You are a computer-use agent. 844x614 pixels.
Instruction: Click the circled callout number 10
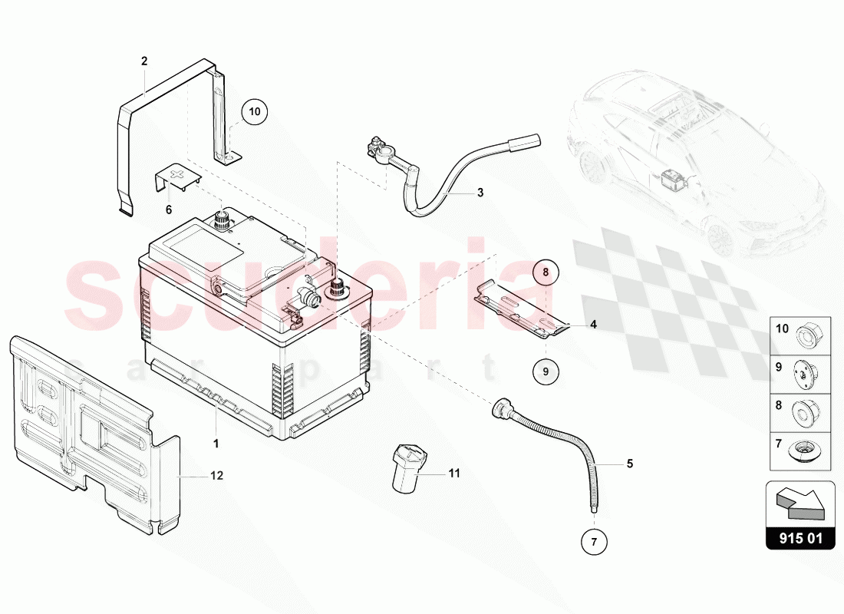pyautogui.click(x=255, y=111)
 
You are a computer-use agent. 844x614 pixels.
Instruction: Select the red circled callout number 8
pyautogui.click(x=546, y=272)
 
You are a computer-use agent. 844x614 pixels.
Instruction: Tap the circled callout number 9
pyautogui.click(x=546, y=371)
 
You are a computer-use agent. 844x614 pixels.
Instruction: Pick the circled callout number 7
pyautogui.click(x=594, y=542)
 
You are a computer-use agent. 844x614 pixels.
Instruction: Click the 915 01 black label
pyautogui.click(x=800, y=538)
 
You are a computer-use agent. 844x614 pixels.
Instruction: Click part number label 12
pyautogui.click(x=216, y=476)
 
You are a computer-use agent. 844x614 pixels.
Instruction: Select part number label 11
pyautogui.click(x=454, y=474)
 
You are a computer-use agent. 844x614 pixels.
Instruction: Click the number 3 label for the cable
pyautogui.click(x=480, y=193)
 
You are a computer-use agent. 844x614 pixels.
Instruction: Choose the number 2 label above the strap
pyautogui.click(x=144, y=61)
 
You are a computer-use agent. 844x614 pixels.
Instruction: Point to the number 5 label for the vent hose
pyautogui.click(x=630, y=464)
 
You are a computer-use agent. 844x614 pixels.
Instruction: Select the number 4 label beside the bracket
pyautogui.click(x=593, y=325)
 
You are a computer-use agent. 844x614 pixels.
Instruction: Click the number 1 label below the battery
pyautogui.click(x=216, y=444)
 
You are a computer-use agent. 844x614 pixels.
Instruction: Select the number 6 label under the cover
pyautogui.click(x=169, y=210)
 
